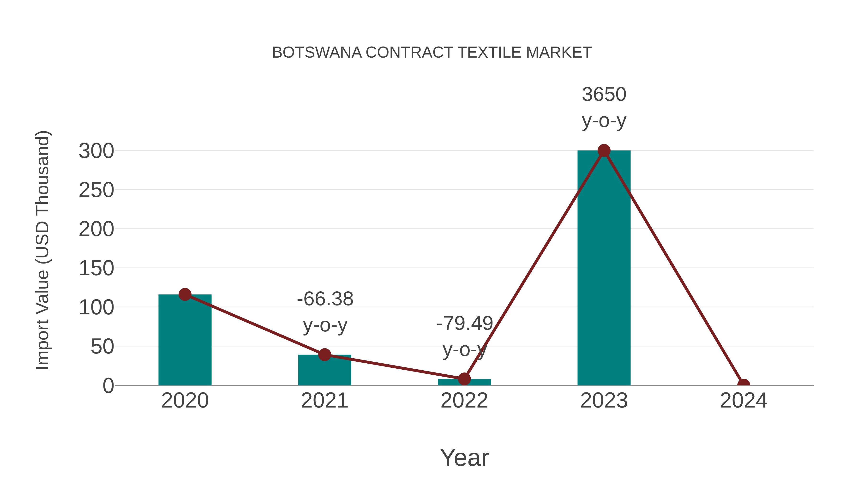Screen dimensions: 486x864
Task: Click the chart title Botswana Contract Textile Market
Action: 432,53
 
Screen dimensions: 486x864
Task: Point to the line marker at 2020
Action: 185,294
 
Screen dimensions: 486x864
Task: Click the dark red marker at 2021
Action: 324,354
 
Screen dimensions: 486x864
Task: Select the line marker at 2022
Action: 464,379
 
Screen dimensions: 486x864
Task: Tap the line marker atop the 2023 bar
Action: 604,150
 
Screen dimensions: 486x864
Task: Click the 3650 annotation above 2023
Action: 604,95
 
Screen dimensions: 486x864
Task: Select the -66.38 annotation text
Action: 325,299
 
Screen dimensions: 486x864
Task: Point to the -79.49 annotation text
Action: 465,323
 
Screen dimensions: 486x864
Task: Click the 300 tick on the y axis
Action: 96,151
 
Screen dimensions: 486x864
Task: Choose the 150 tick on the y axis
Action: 96,269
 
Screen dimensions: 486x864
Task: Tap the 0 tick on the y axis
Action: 108,386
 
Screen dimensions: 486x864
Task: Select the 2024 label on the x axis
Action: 744,401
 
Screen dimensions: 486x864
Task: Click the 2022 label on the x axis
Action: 464,401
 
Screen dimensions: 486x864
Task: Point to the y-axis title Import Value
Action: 43,250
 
